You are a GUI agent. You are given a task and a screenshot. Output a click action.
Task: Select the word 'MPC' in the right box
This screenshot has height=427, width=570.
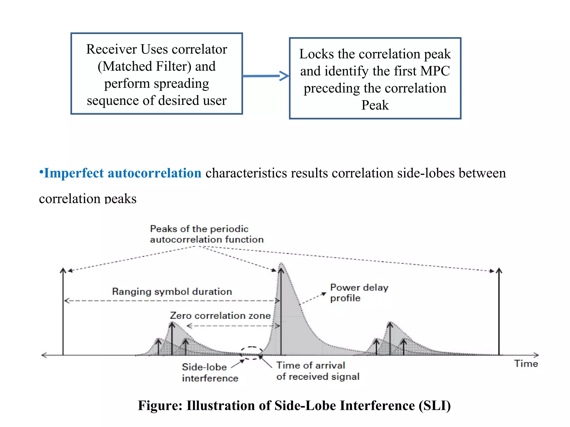pyautogui.click(x=435, y=71)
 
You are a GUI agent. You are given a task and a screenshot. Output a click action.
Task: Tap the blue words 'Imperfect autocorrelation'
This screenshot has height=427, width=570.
pyautogui.click(x=122, y=173)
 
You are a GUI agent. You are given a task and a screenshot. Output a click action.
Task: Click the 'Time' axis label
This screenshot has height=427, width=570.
pyautogui.click(x=526, y=364)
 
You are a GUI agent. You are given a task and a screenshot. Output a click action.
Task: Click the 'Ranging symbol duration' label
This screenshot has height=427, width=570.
pyautogui.click(x=172, y=292)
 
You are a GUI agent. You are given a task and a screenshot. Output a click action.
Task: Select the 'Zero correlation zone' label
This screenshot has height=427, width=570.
pyautogui.click(x=220, y=316)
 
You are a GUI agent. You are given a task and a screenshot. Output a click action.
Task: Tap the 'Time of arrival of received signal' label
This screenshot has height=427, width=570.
pyautogui.click(x=317, y=371)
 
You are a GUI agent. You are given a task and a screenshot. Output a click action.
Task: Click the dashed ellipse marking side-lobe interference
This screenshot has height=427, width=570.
pyautogui.click(x=251, y=353)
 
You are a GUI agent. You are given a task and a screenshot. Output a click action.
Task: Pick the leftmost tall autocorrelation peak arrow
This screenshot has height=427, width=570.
pyautogui.click(x=63, y=311)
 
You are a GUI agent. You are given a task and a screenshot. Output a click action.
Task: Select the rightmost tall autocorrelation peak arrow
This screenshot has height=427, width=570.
pyautogui.click(x=499, y=311)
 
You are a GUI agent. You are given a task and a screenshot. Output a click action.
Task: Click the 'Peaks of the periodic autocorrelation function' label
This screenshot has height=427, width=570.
pyautogui.click(x=206, y=234)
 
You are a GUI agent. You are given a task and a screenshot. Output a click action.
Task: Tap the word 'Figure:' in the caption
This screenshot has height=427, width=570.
pyautogui.click(x=160, y=405)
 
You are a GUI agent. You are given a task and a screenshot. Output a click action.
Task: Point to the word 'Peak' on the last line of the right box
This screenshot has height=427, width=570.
pyautogui.click(x=375, y=105)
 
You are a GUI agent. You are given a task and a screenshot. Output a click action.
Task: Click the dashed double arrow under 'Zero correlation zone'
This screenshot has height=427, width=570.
pyautogui.click(x=233, y=326)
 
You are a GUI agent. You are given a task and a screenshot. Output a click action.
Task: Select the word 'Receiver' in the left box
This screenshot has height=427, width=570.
pyautogui.click(x=111, y=49)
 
